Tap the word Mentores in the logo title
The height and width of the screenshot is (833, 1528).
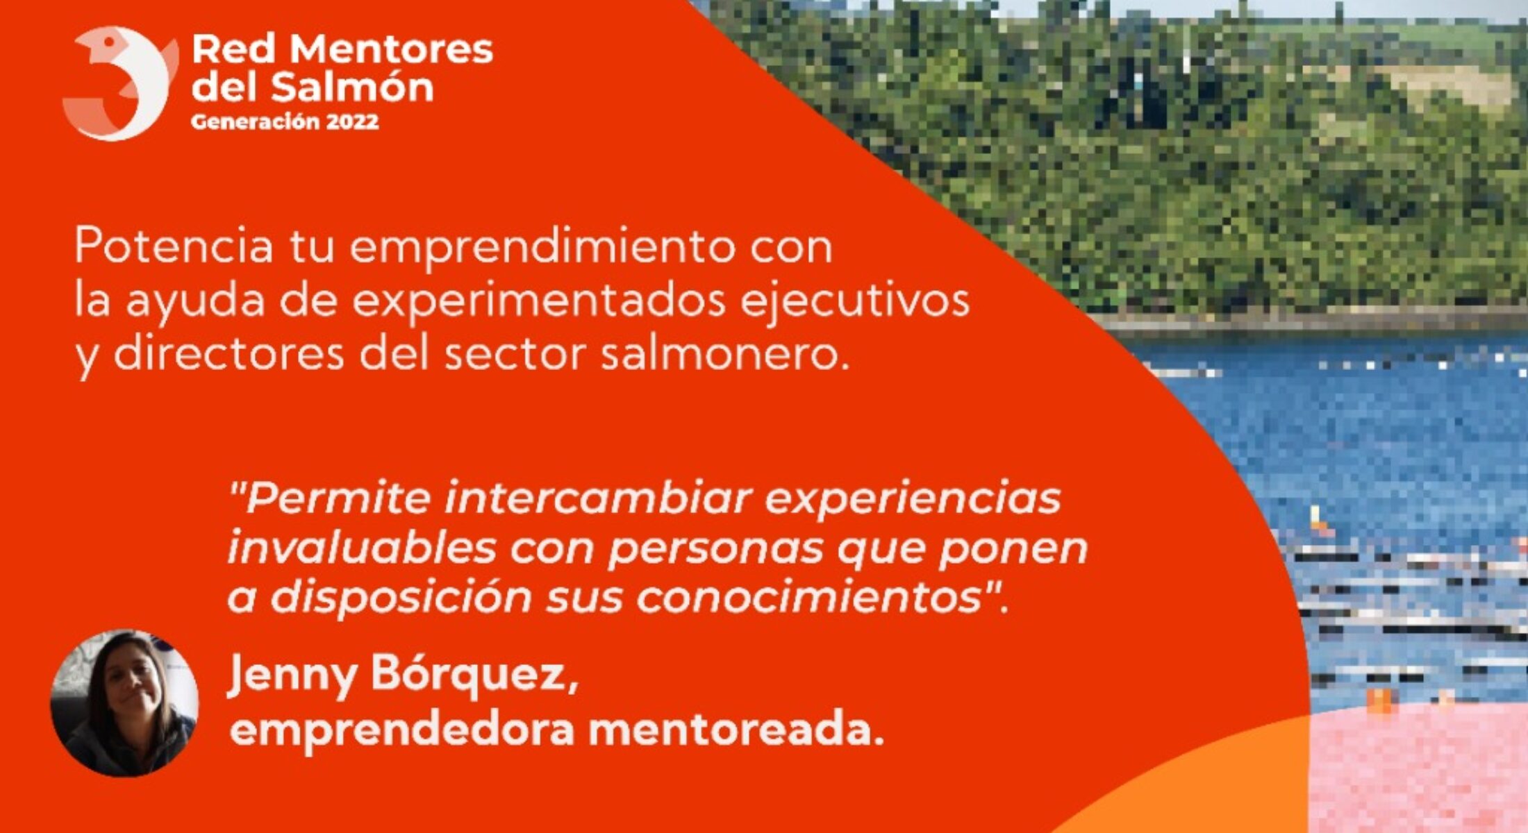coord(391,50)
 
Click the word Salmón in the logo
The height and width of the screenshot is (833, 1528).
coord(351,87)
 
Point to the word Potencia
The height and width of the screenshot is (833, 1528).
coord(174,246)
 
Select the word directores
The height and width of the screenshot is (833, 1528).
coord(229,354)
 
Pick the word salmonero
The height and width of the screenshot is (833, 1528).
coord(725,354)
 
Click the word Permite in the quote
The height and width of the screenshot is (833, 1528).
coord(330,498)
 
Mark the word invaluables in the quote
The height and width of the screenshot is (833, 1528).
coord(362,548)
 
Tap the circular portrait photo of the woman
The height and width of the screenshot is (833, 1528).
coord(124,702)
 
